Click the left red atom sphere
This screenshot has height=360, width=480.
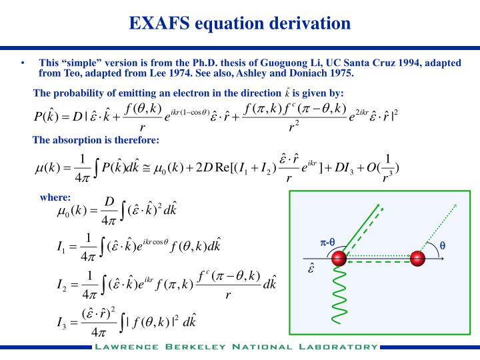pos(339,258)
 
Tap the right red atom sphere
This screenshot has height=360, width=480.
pos(418,258)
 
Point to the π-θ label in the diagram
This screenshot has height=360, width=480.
pos(327,242)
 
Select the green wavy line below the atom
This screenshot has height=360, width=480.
pos(339,300)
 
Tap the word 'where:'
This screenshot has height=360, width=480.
pos(55,197)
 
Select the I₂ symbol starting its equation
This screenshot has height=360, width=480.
pos(62,285)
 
